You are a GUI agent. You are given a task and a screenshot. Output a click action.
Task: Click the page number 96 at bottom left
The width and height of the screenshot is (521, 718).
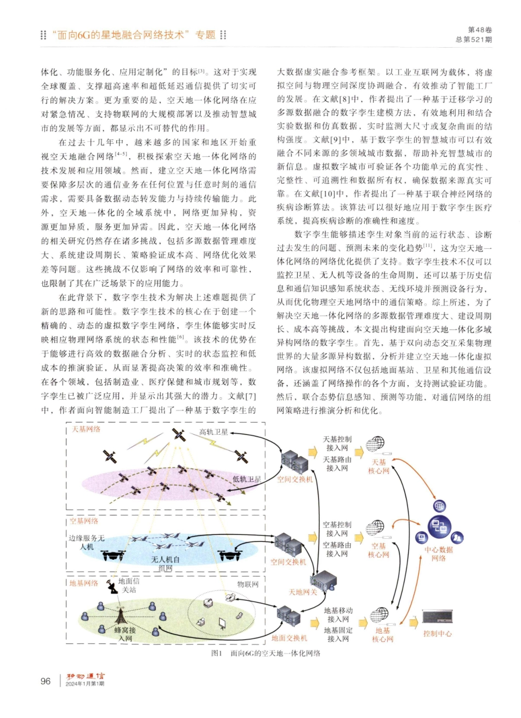[46, 681]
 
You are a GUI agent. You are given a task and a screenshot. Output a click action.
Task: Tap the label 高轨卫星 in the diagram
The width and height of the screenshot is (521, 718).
[213, 432]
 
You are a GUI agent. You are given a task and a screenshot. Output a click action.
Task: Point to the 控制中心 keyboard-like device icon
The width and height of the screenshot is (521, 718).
[437, 617]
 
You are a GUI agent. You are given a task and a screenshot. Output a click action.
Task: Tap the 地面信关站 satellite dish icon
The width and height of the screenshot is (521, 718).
[113, 588]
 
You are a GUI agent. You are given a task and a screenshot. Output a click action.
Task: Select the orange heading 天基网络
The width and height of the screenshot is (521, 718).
[87, 429]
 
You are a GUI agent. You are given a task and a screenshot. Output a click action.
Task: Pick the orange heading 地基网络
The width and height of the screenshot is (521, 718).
[84, 583]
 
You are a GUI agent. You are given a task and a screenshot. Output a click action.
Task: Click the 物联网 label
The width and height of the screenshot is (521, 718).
[247, 585]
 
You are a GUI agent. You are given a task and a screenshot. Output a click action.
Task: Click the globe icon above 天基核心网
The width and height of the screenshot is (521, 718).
[375, 445]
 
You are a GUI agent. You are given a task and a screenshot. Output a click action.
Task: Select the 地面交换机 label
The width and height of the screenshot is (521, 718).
[289, 638]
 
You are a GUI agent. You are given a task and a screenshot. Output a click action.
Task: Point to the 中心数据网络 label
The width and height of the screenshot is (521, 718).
[439, 554]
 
